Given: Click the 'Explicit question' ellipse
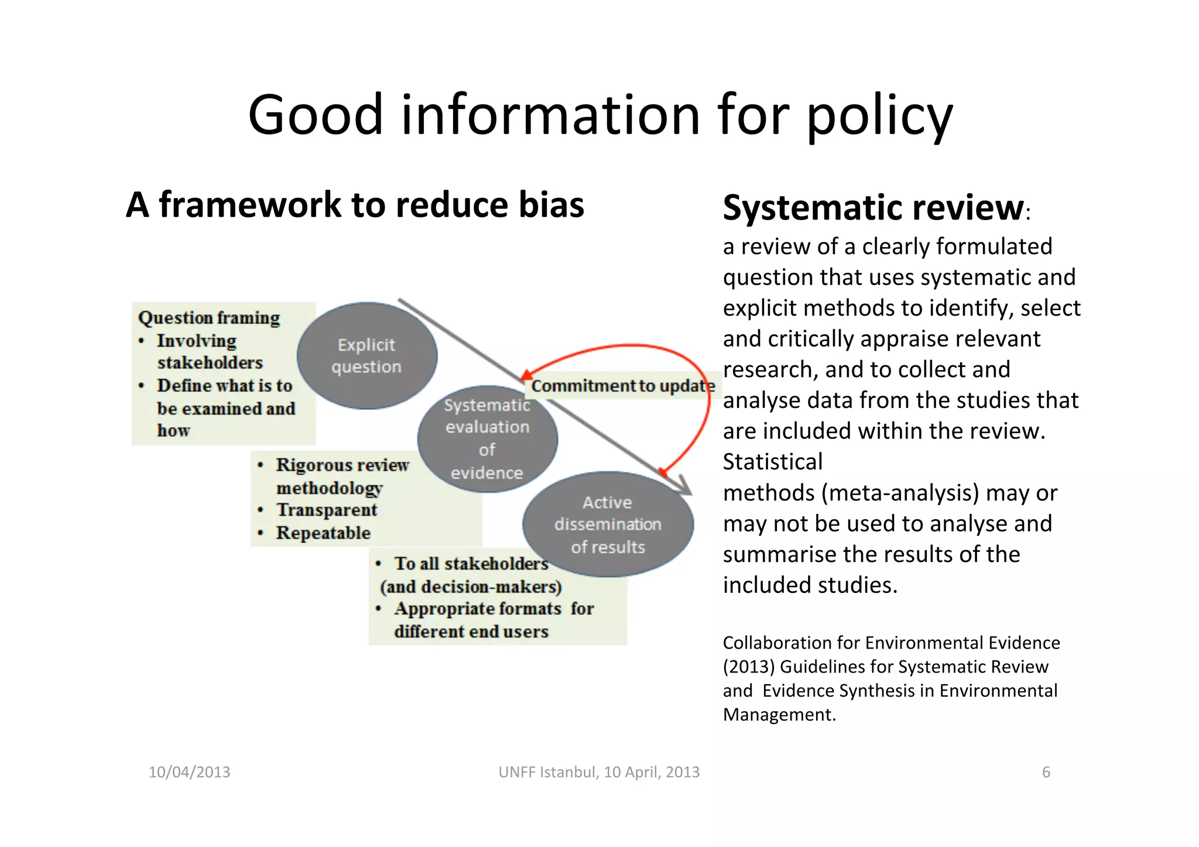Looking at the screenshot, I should point(366,356).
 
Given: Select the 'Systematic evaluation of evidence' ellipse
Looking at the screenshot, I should point(487,439).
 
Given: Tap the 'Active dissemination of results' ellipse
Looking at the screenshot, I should point(608,524).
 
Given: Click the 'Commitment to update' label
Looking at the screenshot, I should point(623,386).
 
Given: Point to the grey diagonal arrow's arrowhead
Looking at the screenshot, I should point(685,489).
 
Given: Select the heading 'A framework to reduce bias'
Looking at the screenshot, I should point(355,205).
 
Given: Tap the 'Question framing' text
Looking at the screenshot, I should point(209,318).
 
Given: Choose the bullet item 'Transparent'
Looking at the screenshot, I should point(327,510).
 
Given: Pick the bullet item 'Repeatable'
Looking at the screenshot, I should point(323,533).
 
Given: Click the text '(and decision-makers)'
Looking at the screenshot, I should point(471,587).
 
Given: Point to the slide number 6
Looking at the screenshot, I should point(1046,772).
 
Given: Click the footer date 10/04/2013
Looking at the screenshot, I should point(189,772).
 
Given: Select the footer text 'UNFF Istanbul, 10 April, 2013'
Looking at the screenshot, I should point(599,772).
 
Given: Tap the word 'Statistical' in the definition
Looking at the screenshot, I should point(773,462).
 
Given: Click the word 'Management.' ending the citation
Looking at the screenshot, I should point(779,715).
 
